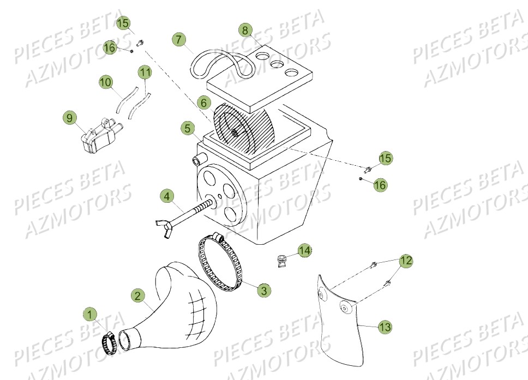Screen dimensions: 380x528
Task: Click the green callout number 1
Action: (89, 315)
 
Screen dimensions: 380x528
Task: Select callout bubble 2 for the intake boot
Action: (138, 295)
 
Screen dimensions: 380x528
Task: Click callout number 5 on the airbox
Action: (187, 129)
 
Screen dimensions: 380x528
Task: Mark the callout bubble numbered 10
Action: (106, 82)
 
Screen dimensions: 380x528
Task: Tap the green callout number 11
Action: (145, 72)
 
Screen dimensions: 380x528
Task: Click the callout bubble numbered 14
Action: (304, 251)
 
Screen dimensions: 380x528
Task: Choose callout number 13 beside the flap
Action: (385, 327)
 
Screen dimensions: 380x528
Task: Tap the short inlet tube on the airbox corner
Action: (198, 160)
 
